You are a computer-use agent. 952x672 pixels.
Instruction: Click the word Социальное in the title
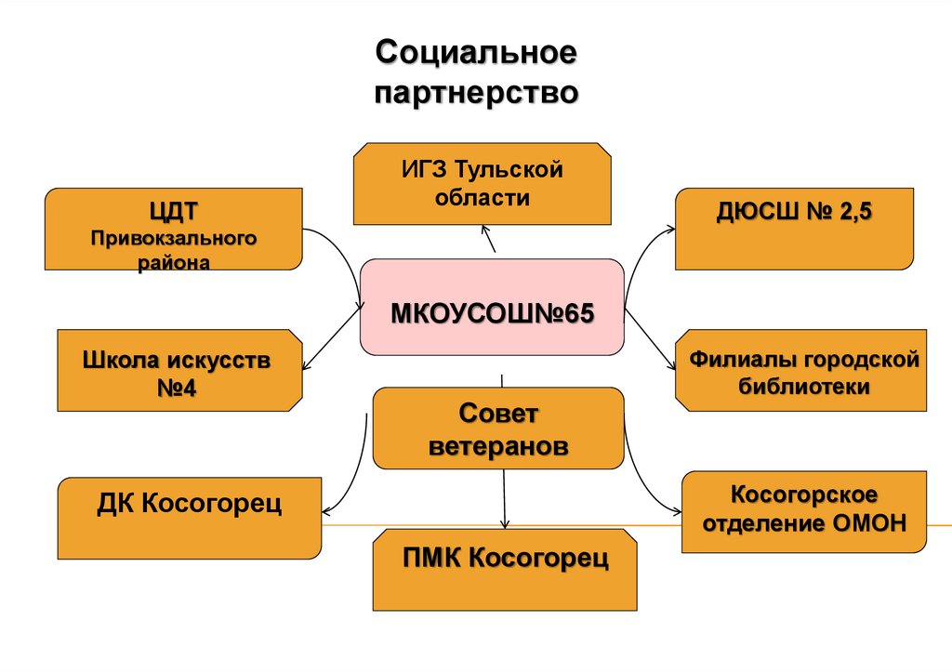476,53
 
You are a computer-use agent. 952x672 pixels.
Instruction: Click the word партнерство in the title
476,94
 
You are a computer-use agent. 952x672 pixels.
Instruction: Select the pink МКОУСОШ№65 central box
492,308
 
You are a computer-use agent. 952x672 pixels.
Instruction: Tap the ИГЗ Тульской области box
483,184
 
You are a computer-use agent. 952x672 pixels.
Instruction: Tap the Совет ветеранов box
497,428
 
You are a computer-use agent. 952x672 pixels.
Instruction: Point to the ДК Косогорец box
190,517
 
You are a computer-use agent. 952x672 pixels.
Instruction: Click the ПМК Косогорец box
506,569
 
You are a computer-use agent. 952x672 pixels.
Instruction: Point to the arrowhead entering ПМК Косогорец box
505,525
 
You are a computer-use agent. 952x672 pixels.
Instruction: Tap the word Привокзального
174,240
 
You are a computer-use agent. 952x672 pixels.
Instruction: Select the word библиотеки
804,387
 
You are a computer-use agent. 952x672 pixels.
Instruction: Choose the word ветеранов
498,446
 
